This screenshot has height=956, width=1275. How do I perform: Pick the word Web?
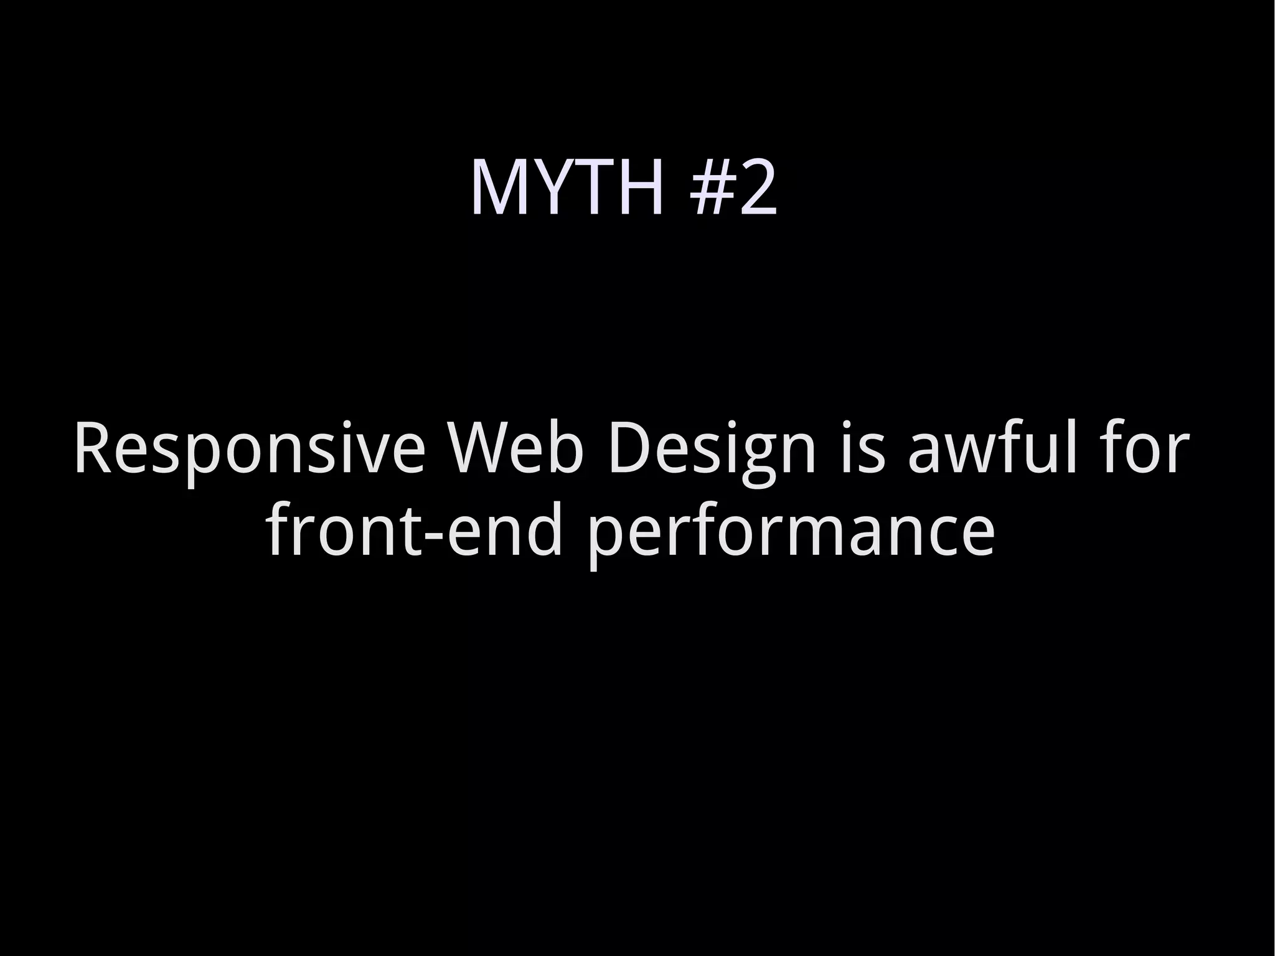coord(517,448)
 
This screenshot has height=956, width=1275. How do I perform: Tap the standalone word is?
coord(862,448)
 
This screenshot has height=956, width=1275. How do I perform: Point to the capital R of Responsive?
coord(93,448)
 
